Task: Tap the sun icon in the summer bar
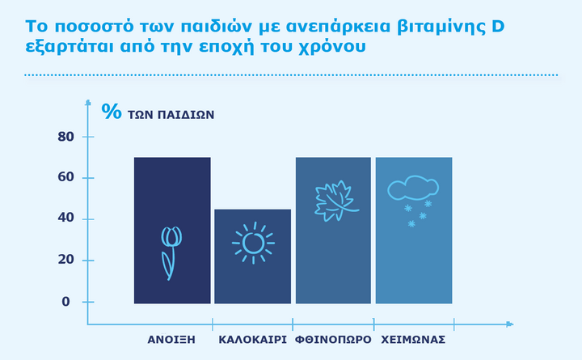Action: click(253, 243)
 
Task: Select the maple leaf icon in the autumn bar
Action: click(336, 201)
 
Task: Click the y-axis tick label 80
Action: click(65, 137)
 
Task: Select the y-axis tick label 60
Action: click(65, 177)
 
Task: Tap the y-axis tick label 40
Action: click(65, 218)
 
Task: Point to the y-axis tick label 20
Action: click(65, 260)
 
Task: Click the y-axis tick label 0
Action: click(65, 302)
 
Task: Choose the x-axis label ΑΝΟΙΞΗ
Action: click(171, 340)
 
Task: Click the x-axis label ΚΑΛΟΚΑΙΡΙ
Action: click(252, 340)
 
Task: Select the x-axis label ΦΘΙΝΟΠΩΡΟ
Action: click(333, 340)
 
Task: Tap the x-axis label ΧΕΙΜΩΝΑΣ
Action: click(413, 340)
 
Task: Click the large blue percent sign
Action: click(112, 111)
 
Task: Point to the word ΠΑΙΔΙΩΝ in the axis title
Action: click(186, 115)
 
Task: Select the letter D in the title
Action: click(498, 27)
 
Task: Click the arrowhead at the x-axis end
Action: click(510, 324)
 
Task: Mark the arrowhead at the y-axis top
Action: click(88, 102)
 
